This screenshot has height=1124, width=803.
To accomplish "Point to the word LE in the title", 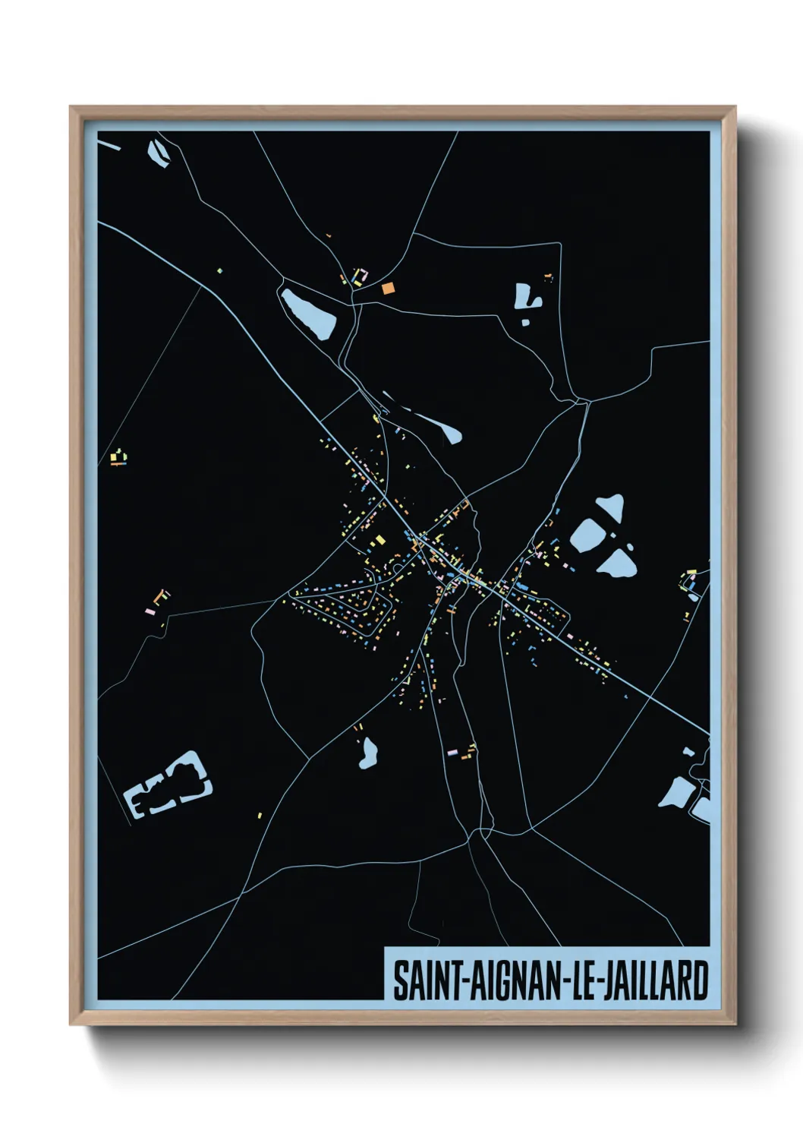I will (x=582, y=980).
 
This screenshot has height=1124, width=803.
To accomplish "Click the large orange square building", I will (x=388, y=288).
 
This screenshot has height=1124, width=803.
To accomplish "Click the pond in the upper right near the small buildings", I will (x=525, y=297).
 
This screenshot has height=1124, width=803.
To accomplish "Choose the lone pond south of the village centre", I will (x=369, y=753).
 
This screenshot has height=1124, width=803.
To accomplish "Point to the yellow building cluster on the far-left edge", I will (x=118, y=457).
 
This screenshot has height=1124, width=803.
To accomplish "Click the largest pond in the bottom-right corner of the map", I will (x=675, y=793).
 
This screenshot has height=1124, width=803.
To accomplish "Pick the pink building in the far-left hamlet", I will (x=151, y=610).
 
